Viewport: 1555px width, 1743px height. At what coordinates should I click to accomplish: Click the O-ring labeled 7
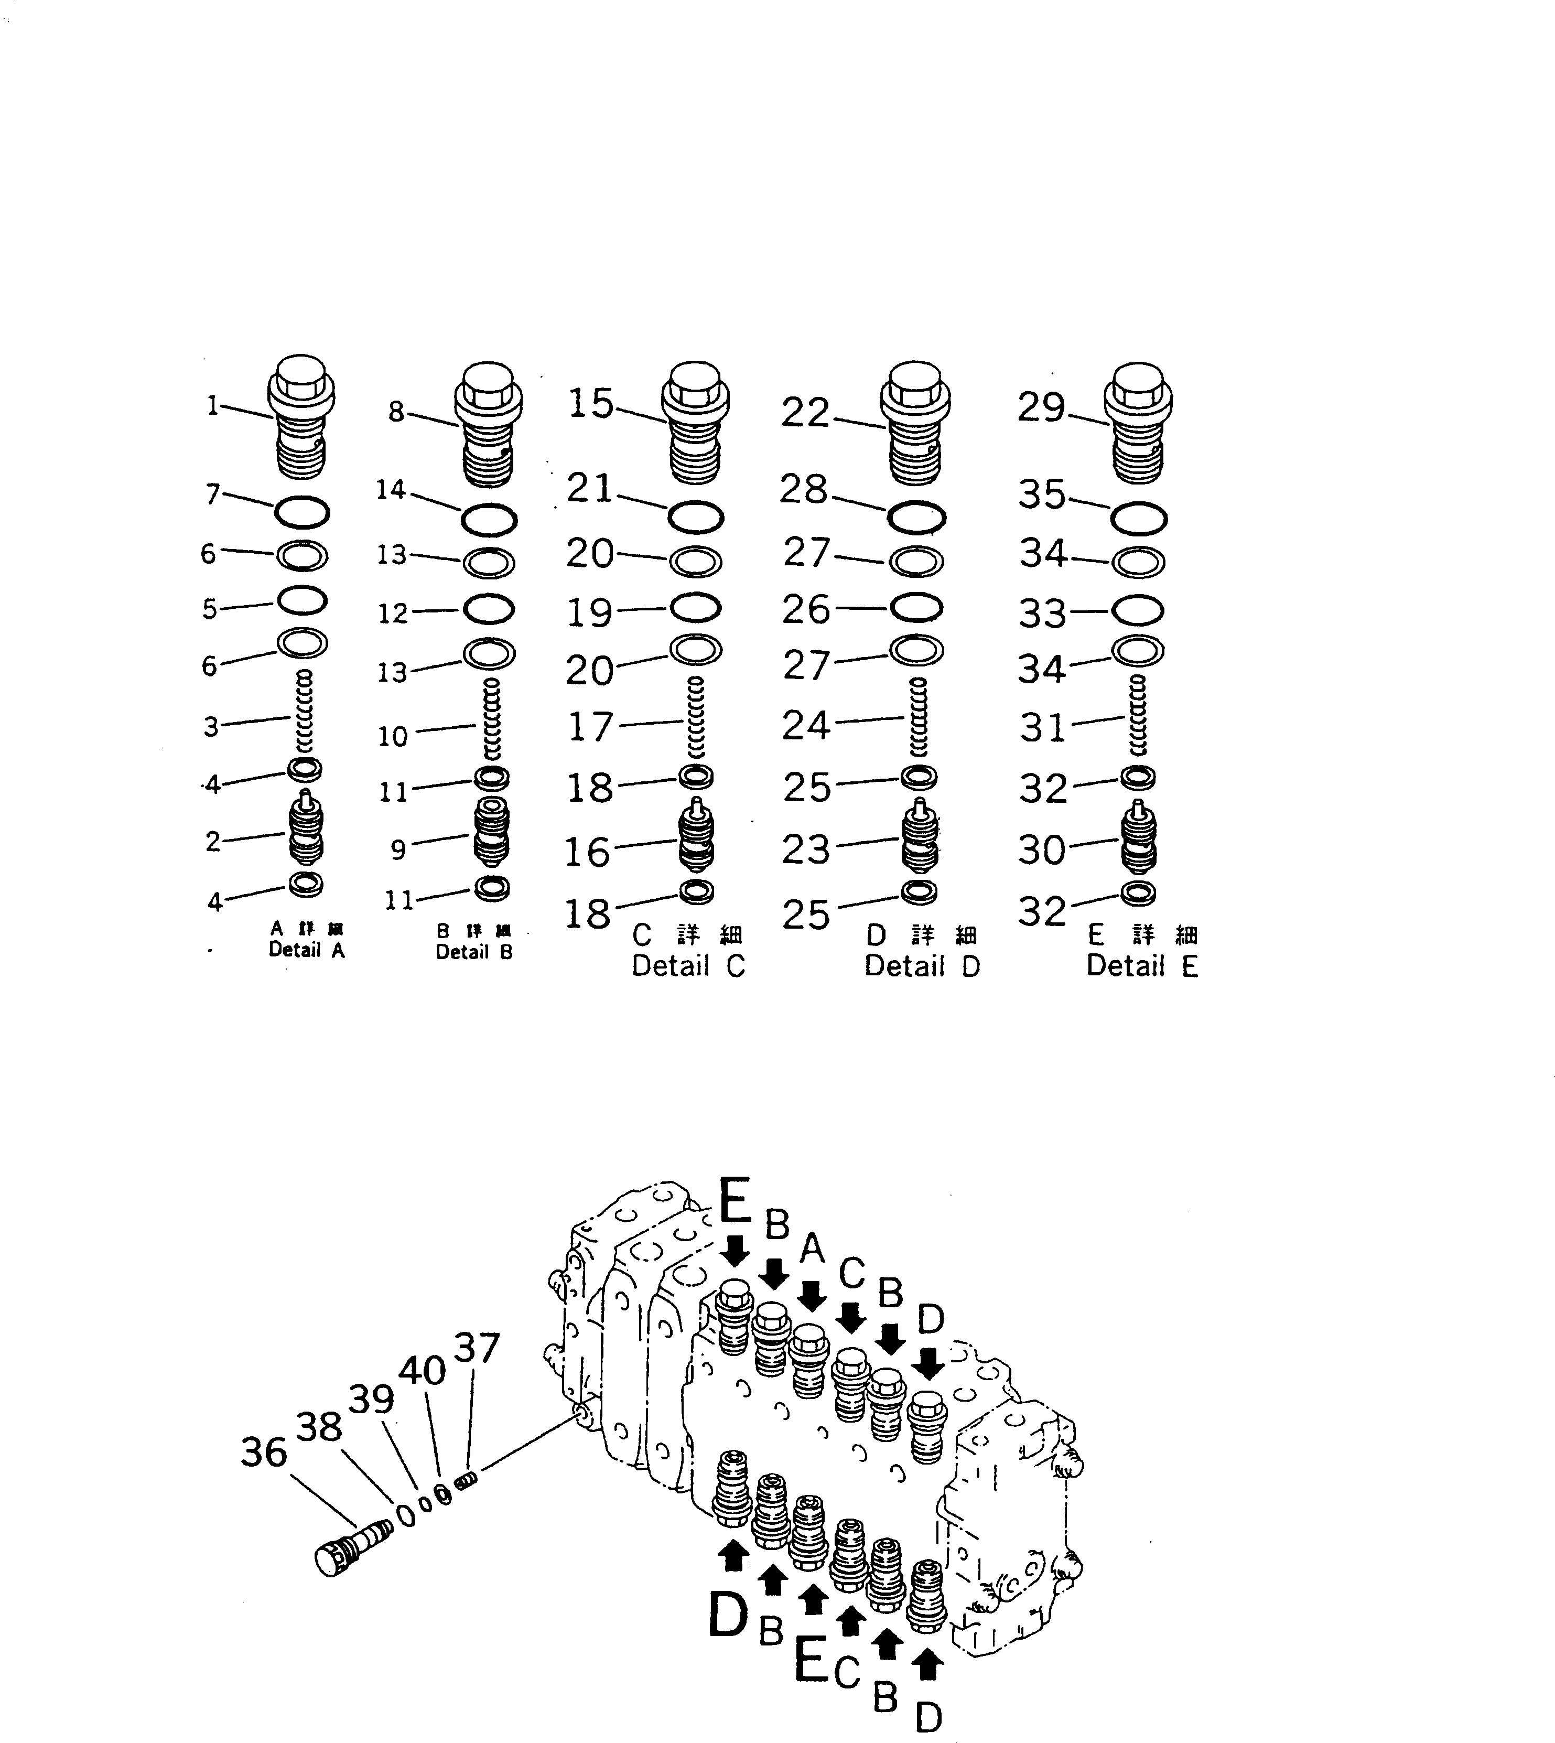(x=301, y=513)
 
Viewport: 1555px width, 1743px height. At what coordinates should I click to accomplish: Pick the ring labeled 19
(x=696, y=608)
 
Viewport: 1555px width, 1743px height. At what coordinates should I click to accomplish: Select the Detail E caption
(x=1142, y=966)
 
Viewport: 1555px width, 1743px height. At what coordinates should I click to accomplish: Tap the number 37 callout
(x=476, y=1348)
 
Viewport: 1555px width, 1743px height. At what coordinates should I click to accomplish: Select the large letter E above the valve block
(x=735, y=1200)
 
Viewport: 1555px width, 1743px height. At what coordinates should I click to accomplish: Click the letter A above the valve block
(x=812, y=1249)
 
